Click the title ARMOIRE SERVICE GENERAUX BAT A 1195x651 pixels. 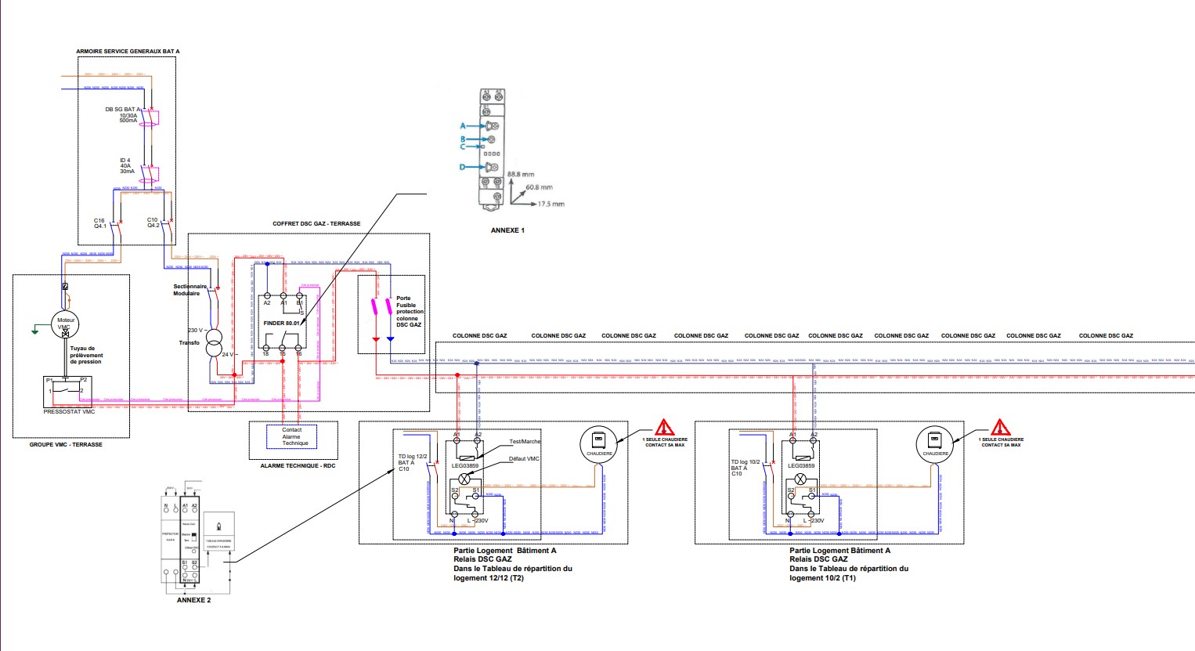coord(128,51)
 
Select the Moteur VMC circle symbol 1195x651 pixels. coord(63,323)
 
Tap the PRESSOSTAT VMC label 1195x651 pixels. coord(69,411)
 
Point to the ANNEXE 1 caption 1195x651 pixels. coord(507,230)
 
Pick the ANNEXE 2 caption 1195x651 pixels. coord(193,600)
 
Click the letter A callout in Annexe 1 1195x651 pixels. coord(463,126)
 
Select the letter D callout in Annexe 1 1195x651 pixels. coord(462,167)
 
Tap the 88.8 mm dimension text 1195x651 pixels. coord(521,174)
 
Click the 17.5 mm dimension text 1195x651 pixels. coord(551,204)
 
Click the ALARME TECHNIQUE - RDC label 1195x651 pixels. coord(298,465)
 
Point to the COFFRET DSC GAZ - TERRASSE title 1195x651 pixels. coord(316,223)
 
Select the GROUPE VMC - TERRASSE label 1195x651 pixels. coord(66,444)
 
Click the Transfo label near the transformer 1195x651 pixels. coord(189,342)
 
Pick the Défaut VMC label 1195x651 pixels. coord(524,458)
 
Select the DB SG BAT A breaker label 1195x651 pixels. coord(123,110)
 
